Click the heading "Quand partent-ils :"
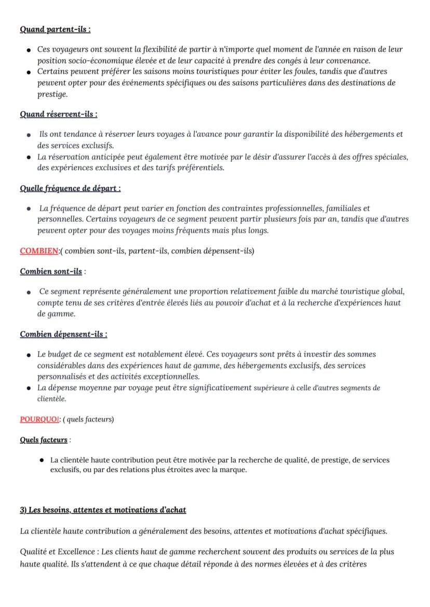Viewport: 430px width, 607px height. [55, 29]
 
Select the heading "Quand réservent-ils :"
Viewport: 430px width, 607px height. [59, 114]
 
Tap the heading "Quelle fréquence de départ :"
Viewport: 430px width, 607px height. [70, 188]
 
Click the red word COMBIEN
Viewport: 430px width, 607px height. [39, 251]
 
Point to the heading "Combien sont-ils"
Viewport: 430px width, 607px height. [51, 271]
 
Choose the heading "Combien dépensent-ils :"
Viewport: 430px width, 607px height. [63, 334]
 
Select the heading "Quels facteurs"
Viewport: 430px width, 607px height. [44, 440]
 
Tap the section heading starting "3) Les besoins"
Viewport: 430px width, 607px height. [103, 510]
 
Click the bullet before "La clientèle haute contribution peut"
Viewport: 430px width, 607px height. [41, 461]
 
